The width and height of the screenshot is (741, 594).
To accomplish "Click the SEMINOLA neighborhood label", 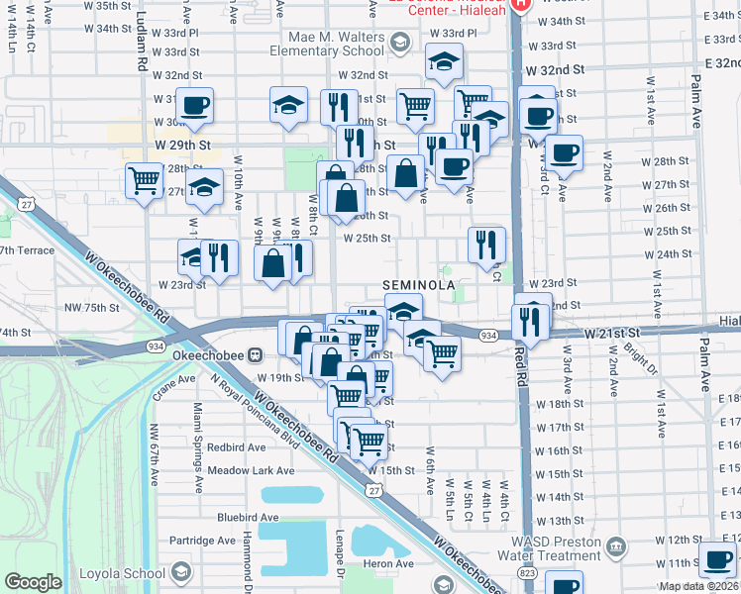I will point(419,285).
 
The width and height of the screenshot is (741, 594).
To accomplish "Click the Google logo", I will point(33,582).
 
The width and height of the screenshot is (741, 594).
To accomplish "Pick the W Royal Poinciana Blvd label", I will point(254,407).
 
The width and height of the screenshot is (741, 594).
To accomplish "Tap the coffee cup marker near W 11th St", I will point(716,558).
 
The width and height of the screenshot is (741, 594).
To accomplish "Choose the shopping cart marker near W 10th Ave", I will point(145,181).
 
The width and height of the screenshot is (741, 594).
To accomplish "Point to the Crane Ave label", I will point(173,379).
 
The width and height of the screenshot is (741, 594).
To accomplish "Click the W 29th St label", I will point(183,145).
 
